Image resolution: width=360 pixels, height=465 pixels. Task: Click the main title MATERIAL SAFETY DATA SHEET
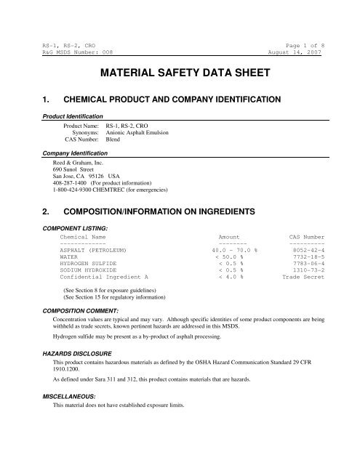click(180, 74)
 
